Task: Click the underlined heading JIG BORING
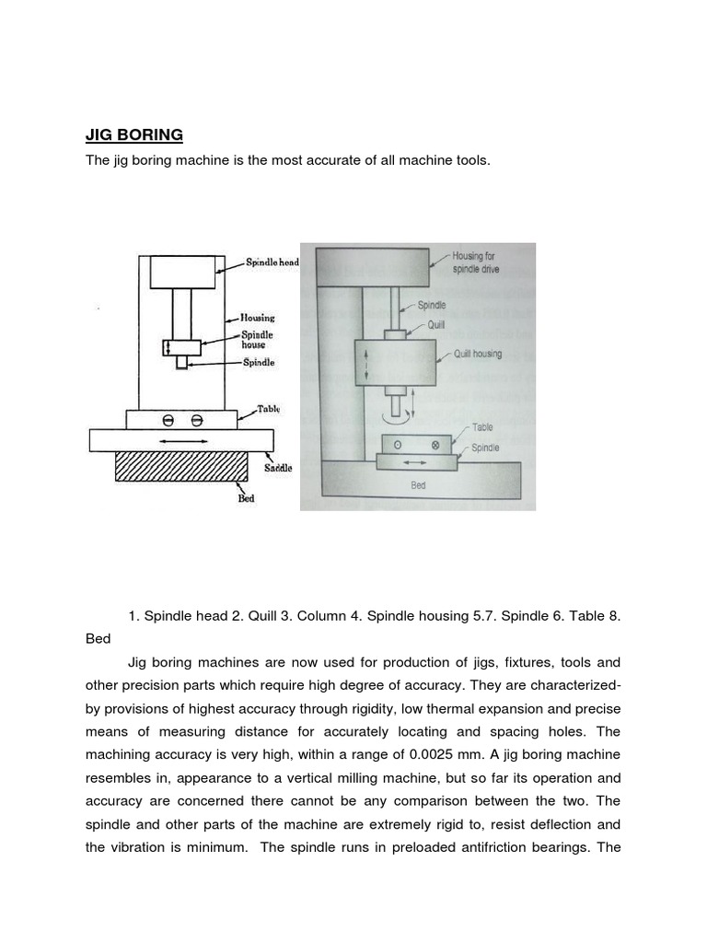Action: point(134,135)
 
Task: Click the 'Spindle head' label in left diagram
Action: point(272,262)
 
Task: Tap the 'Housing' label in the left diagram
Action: point(258,318)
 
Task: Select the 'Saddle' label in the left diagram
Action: point(278,468)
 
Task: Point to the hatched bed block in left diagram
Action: point(180,467)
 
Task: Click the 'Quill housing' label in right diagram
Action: point(478,354)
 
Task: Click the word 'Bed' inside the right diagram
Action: point(419,485)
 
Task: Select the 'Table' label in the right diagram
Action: point(482,427)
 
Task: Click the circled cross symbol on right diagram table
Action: point(435,444)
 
